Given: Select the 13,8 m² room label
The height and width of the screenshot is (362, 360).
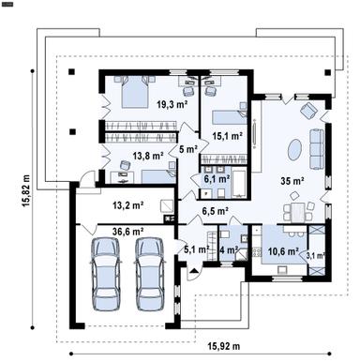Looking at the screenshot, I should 147,156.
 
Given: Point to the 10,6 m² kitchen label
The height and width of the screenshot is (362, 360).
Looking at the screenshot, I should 282,251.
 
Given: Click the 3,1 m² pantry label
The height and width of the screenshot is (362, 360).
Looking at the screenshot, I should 316,254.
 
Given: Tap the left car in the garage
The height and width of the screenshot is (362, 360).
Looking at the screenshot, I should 106,266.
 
